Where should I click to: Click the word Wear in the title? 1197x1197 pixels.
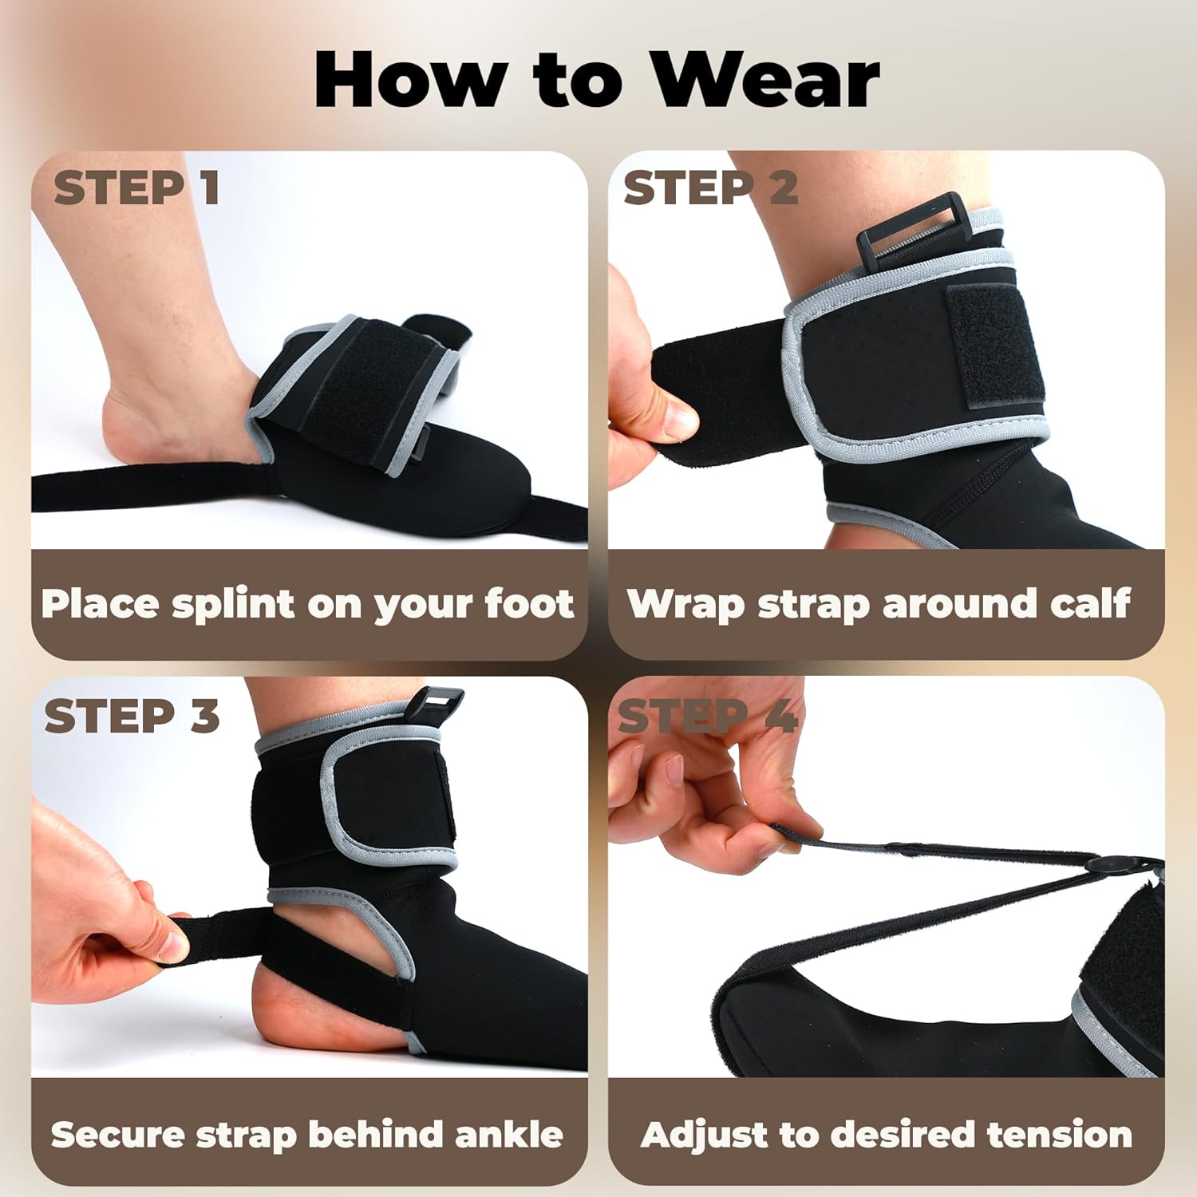(x=766, y=80)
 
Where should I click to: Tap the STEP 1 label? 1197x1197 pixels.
(x=136, y=188)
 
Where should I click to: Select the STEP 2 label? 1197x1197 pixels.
(x=710, y=188)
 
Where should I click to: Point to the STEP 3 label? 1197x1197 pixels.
(x=132, y=716)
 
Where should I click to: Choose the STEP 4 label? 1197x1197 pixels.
(x=707, y=716)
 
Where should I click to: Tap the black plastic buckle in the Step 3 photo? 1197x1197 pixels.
(x=436, y=702)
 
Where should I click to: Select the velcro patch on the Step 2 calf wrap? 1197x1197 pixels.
(x=997, y=343)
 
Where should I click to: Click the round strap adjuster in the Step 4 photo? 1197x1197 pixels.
(x=1105, y=866)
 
